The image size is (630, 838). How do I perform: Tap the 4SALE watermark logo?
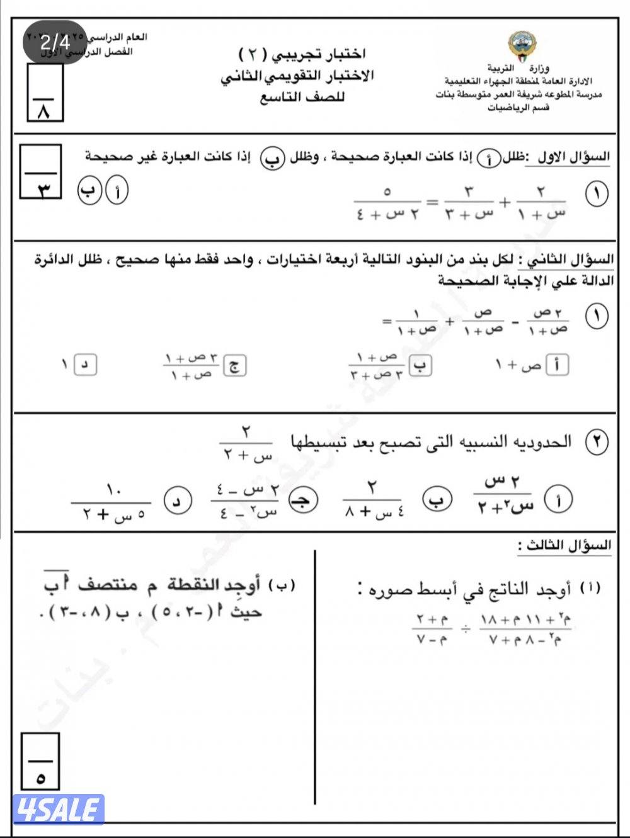tap(58, 809)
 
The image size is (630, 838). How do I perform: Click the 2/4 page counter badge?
tap(55, 43)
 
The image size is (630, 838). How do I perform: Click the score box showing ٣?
tap(41, 171)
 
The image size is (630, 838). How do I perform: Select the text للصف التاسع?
tap(303, 98)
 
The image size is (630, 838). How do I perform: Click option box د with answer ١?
tap(85, 365)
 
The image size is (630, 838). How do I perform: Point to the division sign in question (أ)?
tap(464, 628)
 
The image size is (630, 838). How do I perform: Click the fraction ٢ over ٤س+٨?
tap(374, 500)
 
